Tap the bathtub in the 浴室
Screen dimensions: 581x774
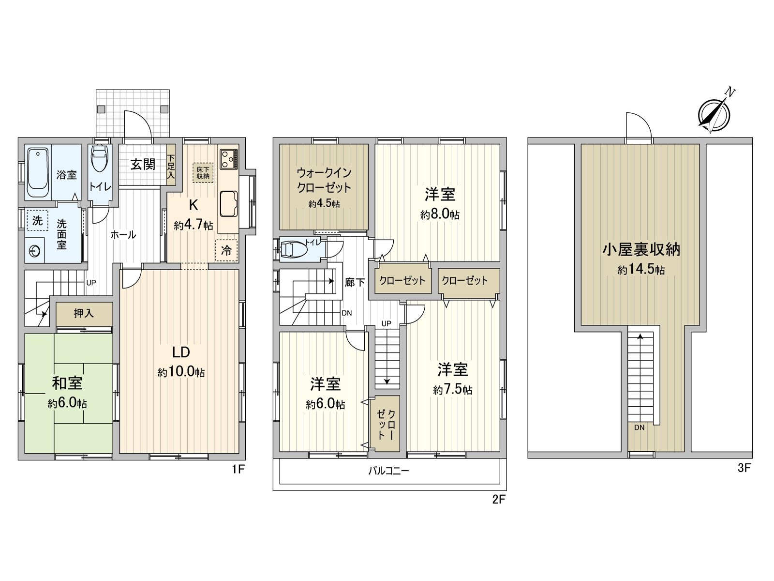pos(38,172)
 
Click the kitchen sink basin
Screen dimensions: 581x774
pos(228,204)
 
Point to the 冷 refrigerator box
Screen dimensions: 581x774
pos(226,250)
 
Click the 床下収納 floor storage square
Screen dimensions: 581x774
pos(203,172)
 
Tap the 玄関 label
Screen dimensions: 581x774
pos(143,164)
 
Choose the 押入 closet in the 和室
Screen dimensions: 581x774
pos(84,314)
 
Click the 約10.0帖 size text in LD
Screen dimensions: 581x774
pos(181,372)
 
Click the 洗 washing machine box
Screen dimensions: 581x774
pos(37,221)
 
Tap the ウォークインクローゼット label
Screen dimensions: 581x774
pos(324,180)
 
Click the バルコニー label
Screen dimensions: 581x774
pos(388,471)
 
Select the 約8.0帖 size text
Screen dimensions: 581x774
pos(440,214)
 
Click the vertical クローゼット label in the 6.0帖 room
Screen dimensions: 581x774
pos(386,425)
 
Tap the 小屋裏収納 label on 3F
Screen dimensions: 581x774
pos(641,249)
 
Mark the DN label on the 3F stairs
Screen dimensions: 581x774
pos(639,428)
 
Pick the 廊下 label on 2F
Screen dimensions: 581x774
pos(355,282)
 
